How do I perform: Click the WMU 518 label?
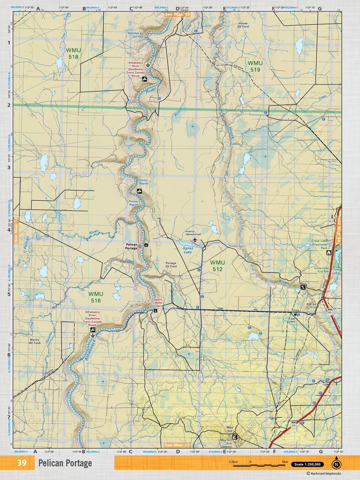click(73, 53)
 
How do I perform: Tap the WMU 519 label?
click(255, 66)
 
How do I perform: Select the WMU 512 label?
click(217, 266)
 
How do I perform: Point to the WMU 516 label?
click(96, 297)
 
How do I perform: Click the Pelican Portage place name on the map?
click(131, 246)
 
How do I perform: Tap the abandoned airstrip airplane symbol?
click(195, 240)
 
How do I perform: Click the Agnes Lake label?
click(188, 250)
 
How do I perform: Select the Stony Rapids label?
click(144, 182)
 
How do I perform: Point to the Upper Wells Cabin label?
click(158, 303)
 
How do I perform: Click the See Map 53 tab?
click(177, 14)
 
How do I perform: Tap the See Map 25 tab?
click(177, 445)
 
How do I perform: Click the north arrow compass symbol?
click(336, 464)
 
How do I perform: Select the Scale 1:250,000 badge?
click(307, 464)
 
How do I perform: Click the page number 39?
click(22, 463)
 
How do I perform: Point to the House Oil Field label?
click(243, 25)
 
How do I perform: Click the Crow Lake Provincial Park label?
click(319, 244)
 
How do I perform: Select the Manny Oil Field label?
click(34, 341)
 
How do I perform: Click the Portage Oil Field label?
click(171, 265)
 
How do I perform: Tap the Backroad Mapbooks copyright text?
click(324, 474)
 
